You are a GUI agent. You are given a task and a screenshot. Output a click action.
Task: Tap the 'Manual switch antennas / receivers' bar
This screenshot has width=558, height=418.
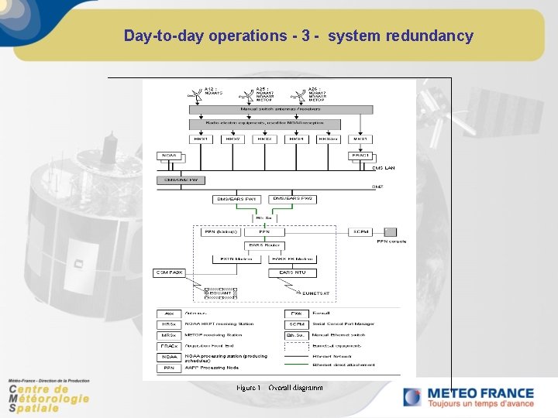[264, 110]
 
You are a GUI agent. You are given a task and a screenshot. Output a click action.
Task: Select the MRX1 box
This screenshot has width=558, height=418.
[359, 139]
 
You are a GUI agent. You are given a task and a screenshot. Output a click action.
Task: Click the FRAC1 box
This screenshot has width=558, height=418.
[360, 156]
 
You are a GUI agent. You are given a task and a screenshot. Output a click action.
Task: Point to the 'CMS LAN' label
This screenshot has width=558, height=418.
[384, 168]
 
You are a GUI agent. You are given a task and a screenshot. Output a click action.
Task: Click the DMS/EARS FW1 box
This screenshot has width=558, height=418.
[236, 199]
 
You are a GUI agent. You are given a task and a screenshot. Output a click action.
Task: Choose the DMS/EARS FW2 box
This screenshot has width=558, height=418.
[293, 199]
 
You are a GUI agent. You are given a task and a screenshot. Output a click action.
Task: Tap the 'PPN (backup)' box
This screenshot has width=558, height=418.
[219, 231]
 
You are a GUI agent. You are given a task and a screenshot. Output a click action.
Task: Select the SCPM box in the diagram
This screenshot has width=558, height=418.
[361, 231]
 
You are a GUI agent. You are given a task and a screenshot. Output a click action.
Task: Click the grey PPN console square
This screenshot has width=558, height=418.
[391, 231]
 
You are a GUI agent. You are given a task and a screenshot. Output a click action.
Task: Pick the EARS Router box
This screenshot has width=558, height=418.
[264, 245]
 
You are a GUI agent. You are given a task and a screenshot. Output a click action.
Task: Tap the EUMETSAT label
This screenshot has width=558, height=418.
[315, 293]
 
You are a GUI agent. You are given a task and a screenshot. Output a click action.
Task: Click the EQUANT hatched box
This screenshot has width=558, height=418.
[221, 293]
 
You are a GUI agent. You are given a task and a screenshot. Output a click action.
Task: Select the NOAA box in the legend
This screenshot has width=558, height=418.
[168, 357]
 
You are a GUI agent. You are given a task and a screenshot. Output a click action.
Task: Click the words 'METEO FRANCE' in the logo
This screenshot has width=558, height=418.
[480, 393]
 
